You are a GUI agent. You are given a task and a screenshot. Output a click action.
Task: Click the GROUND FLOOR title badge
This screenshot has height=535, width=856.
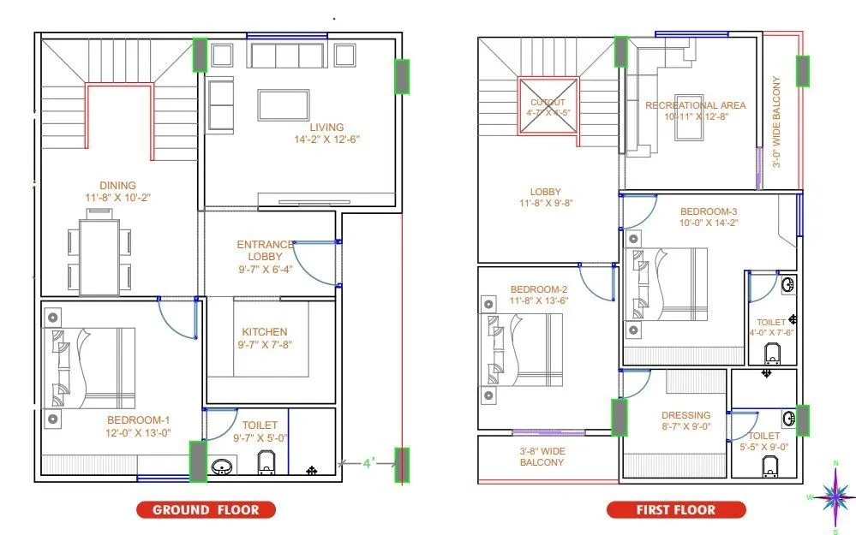point(205,510)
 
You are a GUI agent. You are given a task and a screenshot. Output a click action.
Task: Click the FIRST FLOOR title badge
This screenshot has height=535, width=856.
point(675,510)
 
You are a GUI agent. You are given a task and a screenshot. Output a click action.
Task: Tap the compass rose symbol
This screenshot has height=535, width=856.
point(835,496)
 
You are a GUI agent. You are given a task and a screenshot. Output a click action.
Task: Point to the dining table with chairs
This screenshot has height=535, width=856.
point(101,255)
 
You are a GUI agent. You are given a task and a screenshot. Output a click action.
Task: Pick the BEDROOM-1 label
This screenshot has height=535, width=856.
point(138,419)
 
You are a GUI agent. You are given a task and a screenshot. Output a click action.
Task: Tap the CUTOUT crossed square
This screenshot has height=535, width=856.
point(548,106)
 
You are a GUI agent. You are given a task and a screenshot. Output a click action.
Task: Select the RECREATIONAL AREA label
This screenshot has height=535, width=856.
point(695,105)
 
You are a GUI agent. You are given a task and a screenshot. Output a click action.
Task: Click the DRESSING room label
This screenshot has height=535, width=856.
point(686,416)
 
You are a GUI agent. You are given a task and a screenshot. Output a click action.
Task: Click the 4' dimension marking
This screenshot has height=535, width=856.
point(368,463)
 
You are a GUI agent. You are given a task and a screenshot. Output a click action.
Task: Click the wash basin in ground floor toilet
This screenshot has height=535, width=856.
point(223,467)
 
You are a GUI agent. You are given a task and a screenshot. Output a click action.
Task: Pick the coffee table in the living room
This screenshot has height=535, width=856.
point(284,104)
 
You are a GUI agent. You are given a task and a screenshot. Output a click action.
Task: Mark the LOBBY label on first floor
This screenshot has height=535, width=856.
point(545,192)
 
